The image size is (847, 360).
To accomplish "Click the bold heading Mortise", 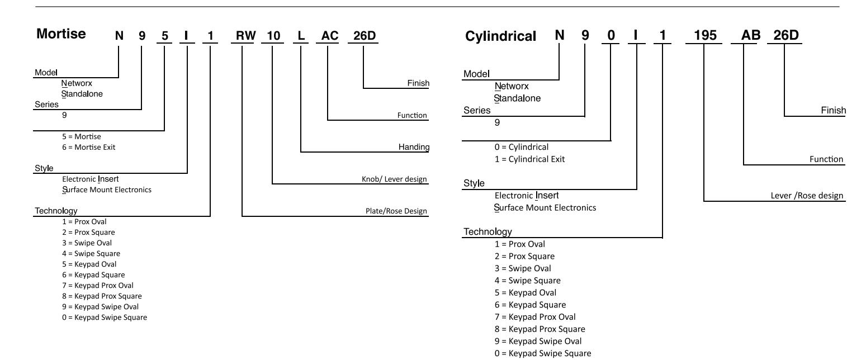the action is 61,34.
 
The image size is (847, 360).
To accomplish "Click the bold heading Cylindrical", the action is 500,36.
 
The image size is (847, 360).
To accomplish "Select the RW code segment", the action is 246,36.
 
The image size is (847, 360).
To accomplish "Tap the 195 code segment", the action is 705,35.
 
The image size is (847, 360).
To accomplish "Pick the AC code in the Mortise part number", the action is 330,36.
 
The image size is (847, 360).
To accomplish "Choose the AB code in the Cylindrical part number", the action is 751,35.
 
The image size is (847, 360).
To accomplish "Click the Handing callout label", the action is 414,146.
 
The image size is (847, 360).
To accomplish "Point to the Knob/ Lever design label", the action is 394,179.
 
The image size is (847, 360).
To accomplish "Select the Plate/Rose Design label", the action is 396,211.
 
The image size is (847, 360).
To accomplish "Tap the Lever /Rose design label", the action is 807,196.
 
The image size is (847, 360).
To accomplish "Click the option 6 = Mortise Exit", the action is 88,147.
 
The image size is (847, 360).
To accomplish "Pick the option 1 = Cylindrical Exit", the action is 529,159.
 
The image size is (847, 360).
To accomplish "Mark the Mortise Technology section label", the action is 56,211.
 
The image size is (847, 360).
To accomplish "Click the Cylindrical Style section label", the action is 474,183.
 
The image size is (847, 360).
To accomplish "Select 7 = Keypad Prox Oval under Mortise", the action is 97,286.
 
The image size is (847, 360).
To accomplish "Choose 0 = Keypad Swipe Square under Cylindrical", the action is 543,353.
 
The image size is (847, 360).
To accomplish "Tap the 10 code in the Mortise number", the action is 273,36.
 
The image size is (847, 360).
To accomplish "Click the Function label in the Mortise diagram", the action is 412,115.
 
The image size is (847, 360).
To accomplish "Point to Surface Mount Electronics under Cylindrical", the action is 545,207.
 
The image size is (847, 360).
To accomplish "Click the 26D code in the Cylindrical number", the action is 786,35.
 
